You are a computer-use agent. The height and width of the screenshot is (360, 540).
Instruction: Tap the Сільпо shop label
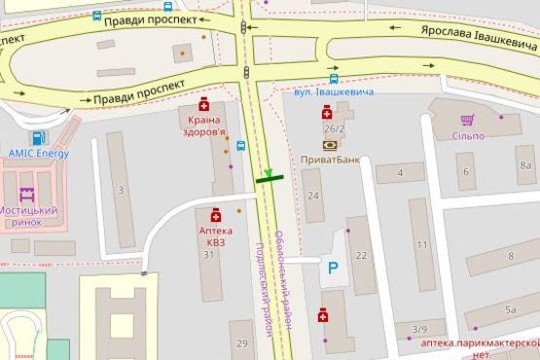pos(467,135)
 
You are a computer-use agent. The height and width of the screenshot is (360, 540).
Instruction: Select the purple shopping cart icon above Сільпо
pos(467,121)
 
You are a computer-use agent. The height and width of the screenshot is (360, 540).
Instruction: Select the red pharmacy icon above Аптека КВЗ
pos(215,216)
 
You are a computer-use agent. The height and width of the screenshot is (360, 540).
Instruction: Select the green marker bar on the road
pos(269,178)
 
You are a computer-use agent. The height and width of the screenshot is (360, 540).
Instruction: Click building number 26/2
pos(335,127)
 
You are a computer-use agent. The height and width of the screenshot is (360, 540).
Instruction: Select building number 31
pos(208,255)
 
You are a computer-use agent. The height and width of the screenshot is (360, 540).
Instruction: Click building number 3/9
pos(418,330)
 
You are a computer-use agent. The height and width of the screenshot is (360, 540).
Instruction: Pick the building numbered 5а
pos(510,310)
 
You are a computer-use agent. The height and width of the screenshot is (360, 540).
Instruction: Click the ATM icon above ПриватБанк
pos(330,145)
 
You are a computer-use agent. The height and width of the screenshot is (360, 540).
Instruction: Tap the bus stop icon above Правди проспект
pos(96,17)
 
